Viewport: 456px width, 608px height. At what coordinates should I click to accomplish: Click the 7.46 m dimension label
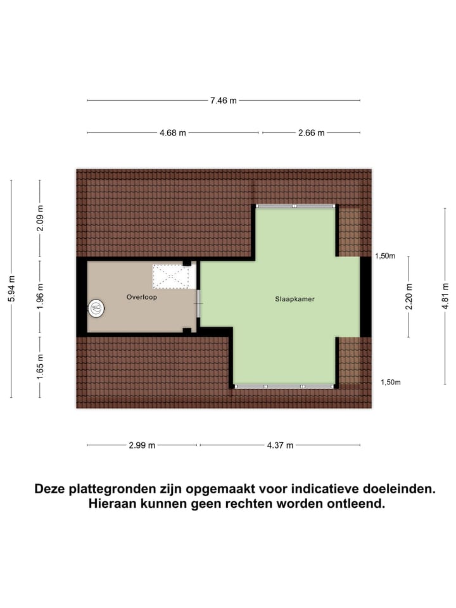tap(224, 100)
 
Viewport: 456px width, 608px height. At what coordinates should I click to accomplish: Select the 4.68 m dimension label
tap(173, 133)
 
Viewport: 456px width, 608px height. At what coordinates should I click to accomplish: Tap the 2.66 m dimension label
tap(311, 133)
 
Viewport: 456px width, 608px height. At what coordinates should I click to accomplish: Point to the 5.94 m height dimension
tap(11, 289)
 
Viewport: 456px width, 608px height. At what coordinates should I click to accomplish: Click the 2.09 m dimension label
tap(40, 220)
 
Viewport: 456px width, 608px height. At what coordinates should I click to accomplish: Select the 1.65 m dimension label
tap(40, 367)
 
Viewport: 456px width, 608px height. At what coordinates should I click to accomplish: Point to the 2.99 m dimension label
tap(142, 445)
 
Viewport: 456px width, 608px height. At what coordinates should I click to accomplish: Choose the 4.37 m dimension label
tap(280, 445)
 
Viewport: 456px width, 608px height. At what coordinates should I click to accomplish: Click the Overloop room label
tap(141, 296)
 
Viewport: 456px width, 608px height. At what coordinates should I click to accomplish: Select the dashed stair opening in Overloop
tap(172, 277)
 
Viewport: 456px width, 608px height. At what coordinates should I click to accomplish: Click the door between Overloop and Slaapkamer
tap(199, 304)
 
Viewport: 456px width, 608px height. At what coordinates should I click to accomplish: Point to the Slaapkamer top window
tap(294, 206)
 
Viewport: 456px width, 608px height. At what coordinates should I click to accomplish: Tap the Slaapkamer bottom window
tap(284, 386)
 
